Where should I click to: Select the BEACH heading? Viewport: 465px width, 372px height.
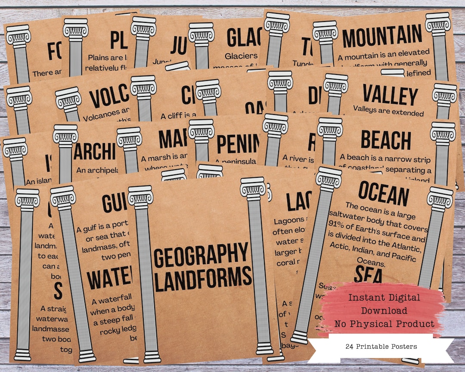(386, 140)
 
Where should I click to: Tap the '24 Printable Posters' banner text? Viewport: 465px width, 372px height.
(381, 346)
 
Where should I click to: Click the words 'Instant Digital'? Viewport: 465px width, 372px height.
(378, 298)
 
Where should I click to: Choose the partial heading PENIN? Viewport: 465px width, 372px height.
(239, 144)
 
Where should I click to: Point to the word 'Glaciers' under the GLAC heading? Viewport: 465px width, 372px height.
(242, 56)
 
